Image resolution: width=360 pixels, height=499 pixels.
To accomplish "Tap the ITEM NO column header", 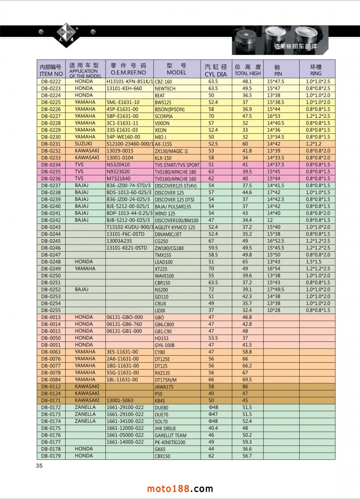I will tap(51, 70).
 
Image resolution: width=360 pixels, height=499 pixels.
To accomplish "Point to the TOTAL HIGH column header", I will tap(247, 70).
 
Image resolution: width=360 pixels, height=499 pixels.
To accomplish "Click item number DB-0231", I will tap(51, 144).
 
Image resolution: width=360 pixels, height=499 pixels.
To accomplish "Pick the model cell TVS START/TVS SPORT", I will tap(177, 165).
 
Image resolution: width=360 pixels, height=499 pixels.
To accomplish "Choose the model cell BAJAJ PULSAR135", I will tap(173, 207).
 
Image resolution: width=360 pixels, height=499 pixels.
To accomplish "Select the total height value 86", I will tap(245, 386).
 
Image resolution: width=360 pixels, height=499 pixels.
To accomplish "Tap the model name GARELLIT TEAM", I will tap(171, 435).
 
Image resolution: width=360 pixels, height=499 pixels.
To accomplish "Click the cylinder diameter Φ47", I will tap(213, 414).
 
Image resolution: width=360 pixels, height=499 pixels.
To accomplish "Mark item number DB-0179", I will tap(51, 456).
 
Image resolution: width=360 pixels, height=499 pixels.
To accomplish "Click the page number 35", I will tap(39, 466).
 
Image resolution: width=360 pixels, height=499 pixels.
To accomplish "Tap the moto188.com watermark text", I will tap(180, 489).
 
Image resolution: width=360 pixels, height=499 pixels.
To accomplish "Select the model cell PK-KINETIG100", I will tap(170, 442).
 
